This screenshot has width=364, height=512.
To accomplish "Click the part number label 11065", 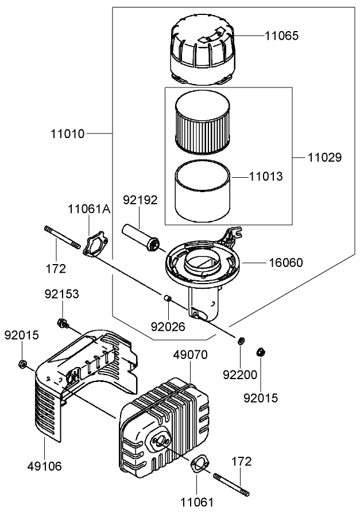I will [281, 35].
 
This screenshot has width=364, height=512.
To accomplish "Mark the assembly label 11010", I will [67, 134].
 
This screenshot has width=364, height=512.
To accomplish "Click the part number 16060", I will [286, 262].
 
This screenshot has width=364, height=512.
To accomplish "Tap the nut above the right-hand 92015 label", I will [260, 351].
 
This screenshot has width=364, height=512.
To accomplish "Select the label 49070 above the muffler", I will [191, 356].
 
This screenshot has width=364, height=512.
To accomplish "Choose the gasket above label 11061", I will [198, 464].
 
